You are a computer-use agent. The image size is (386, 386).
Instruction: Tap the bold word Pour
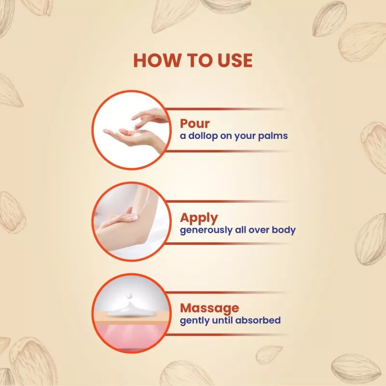coord(195,123)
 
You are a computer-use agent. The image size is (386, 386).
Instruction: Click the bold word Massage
coord(209,307)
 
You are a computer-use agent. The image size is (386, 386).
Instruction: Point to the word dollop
coord(205,136)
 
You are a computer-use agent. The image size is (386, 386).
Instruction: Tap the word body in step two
coord(283,230)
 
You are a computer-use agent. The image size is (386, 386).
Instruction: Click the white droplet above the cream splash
coord(131,296)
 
